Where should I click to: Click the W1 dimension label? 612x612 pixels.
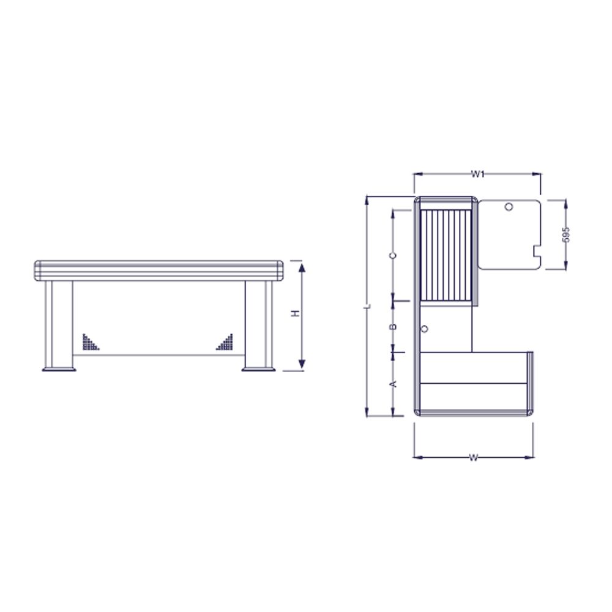(478, 174)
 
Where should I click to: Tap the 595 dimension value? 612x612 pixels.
(565, 234)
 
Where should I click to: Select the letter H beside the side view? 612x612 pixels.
(295, 313)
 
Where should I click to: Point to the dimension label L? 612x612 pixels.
(366, 305)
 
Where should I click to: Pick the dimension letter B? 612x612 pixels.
(394, 327)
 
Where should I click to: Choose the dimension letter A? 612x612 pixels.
(394, 384)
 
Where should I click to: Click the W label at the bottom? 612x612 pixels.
(473, 457)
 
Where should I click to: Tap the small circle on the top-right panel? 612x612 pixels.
(509, 207)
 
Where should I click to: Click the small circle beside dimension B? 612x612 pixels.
(424, 330)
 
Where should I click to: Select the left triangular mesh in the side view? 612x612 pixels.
(90, 341)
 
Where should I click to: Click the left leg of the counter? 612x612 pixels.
(59, 323)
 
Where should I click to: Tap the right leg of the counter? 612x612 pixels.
(259, 323)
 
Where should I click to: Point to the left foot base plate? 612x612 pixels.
(59, 368)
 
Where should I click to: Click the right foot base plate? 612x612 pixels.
(259, 368)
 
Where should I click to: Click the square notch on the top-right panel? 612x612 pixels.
(537, 250)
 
